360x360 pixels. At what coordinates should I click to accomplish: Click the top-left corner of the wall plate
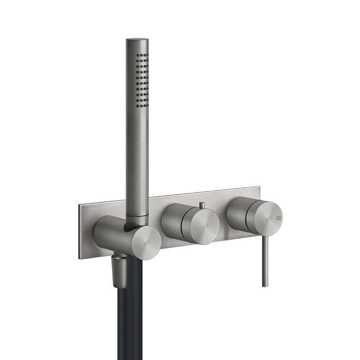(x=80, y=205)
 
